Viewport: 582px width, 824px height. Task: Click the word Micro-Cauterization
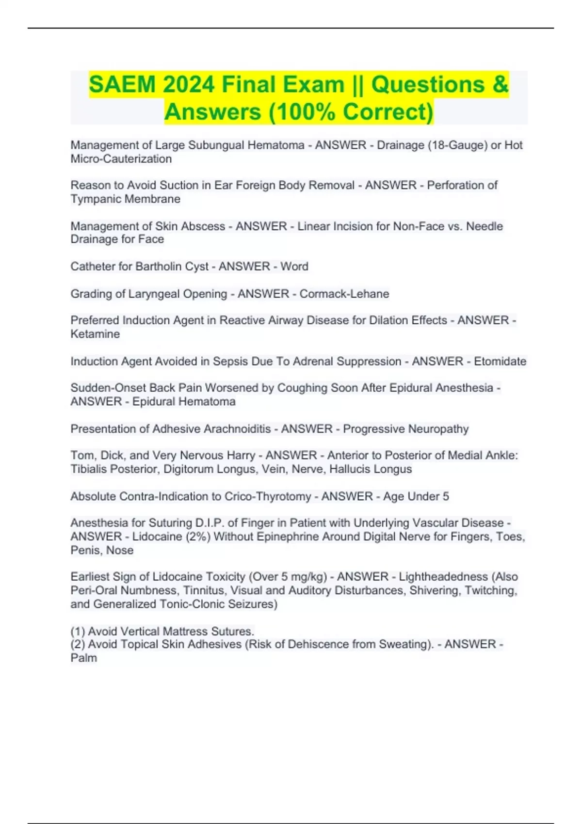click(121, 159)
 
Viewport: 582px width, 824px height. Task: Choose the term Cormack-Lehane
click(344, 294)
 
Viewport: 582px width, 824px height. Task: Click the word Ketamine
click(95, 334)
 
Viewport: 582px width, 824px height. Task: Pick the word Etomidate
click(500, 362)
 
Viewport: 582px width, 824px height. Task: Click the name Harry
click(241, 456)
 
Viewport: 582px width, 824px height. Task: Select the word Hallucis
click(351, 469)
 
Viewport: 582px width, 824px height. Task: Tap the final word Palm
click(84, 658)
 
